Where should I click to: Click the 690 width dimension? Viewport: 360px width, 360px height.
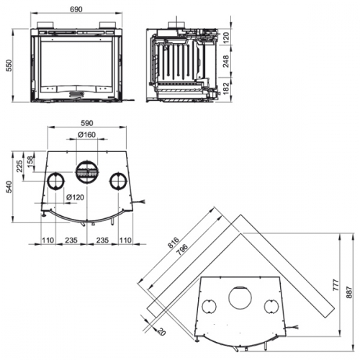pos(76,9)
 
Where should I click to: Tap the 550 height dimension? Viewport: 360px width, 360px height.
pos(9,66)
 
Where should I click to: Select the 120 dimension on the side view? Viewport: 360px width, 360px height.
pos(226,37)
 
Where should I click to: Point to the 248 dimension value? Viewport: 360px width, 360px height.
pos(226,61)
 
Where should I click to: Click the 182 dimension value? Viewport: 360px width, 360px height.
pos(226,88)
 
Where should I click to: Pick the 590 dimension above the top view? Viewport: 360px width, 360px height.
pos(87,123)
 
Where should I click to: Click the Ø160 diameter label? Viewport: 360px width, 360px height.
pos(86,135)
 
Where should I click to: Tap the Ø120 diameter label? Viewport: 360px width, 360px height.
pos(75,197)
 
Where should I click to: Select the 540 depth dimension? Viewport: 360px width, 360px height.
pos(9,187)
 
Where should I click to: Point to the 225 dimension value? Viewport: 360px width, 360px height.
pos(19,166)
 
